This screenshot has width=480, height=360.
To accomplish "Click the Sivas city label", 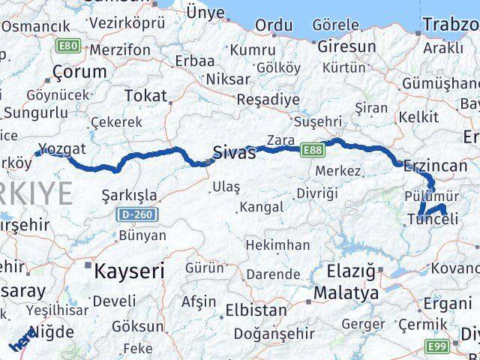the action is (234, 153).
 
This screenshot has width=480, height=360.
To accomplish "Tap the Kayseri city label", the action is (129, 271).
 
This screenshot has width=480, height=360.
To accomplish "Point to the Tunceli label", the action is (432, 218).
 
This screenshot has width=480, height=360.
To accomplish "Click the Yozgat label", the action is (65, 148).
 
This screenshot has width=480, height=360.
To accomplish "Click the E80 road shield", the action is (67, 46).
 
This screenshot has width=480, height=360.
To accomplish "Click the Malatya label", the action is (346, 292).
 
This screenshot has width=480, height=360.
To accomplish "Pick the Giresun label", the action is (346, 47).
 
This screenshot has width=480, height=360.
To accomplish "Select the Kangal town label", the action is (262, 206).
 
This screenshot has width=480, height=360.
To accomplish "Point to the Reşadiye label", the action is (268, 99).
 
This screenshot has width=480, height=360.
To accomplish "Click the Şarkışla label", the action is (129, 196).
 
